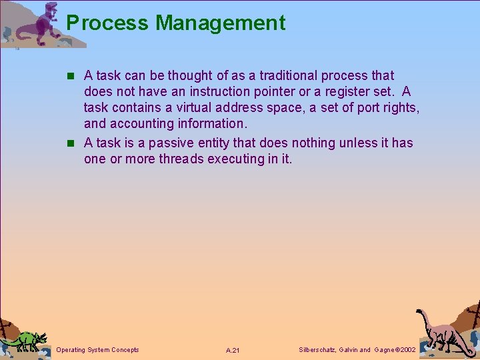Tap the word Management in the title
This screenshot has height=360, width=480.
point(221,23)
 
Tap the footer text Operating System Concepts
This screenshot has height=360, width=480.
point(98,350)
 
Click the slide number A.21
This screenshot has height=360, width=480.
point(233,351)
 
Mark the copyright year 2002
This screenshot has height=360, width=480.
point(405,350)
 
